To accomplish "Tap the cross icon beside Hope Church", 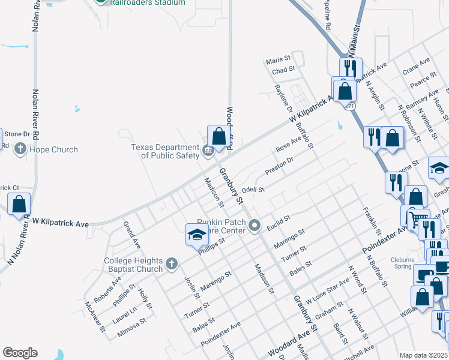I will click(x=20, y=149).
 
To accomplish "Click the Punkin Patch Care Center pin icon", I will click(x=255, y=226).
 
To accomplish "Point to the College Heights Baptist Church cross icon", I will click(x=172, y=263).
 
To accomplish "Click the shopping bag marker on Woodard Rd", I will click(x=218, y=136).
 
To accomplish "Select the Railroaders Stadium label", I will click(x=147, y=2).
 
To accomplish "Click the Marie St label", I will click(x=278, y=60).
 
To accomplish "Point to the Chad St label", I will click(x=283, y=70).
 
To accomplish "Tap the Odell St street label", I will click(x=253, y=190).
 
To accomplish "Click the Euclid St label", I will click(x=279, y=218).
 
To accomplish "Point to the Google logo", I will click(x=20, y=353).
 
